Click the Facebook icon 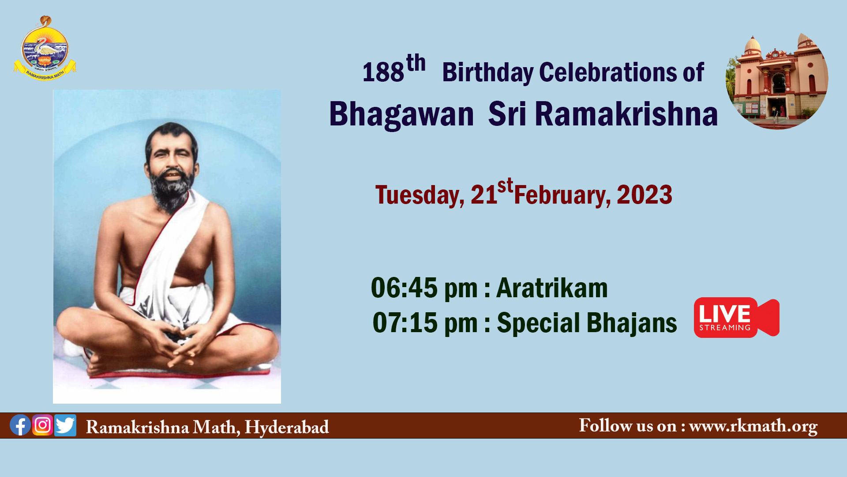coord(20,425)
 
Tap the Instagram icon coord(43,425)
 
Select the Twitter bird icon coord(65,425)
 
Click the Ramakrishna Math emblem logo coord(45,49)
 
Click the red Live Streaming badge coord(736,318)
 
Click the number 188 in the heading coord(383,72)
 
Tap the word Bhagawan coord(401,114)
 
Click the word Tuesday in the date coord(420,196)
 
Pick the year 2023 coord(645,195)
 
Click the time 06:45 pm coord(424,288)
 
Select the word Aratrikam coord(552,288)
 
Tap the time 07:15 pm coord(425,323)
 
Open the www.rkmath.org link coord(753,426)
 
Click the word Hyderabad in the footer coord(287,428)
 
